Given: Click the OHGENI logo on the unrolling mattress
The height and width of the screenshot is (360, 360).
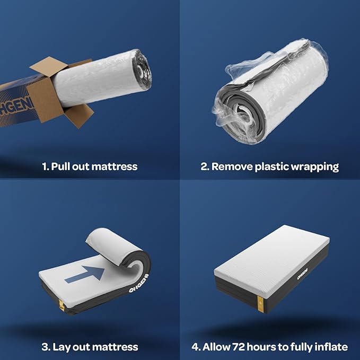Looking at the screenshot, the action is coord(139,283).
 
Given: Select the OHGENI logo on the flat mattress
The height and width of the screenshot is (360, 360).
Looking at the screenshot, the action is coord(302,274).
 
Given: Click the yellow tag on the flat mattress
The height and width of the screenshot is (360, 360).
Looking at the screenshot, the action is coord(260,304).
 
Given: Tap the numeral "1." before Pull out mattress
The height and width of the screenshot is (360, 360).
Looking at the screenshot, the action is coord(46,166).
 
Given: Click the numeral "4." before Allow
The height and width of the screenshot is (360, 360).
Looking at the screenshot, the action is coord(196,347).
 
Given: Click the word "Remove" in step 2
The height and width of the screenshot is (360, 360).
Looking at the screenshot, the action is coord(232,166).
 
